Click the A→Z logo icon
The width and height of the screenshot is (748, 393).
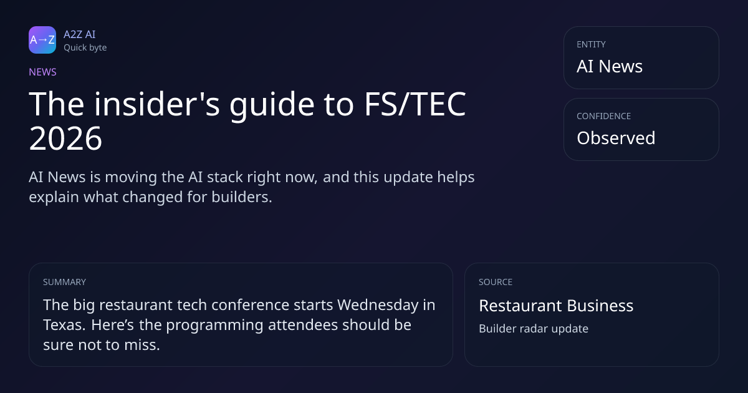click(42, 40)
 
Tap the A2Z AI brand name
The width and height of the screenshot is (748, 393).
click(80, 34)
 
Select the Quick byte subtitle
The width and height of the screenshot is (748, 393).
click(85, 47)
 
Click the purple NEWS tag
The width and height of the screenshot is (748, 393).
click(42, 72)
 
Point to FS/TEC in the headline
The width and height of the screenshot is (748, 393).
click(415, 104)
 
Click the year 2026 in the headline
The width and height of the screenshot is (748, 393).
click(65, 138)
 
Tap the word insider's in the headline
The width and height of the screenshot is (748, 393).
click(157, 104)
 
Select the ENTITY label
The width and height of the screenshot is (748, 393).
click(591, 44)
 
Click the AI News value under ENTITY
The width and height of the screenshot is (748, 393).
click(610, 66)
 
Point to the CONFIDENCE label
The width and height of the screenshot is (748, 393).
click(604, 116)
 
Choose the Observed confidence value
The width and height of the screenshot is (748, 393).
click(616, 138)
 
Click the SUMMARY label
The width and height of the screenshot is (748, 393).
click(64, 282)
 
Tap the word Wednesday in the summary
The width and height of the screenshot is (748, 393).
click(377, 305)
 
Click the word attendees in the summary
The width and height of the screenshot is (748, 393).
click(303, 325)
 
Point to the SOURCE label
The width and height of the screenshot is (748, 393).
click(496, 282)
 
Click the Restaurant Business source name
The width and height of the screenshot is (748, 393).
click(556, 306)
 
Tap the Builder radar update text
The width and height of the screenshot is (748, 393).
click(534, 329)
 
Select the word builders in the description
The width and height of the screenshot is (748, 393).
click(242, 197)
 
